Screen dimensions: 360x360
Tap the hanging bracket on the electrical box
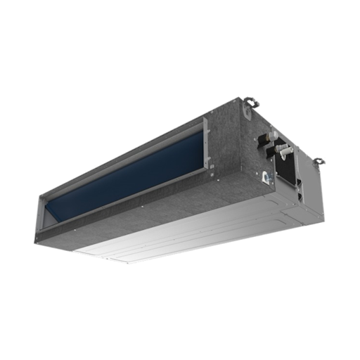(318, 162)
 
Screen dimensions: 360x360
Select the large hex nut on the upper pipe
(269, 138)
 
